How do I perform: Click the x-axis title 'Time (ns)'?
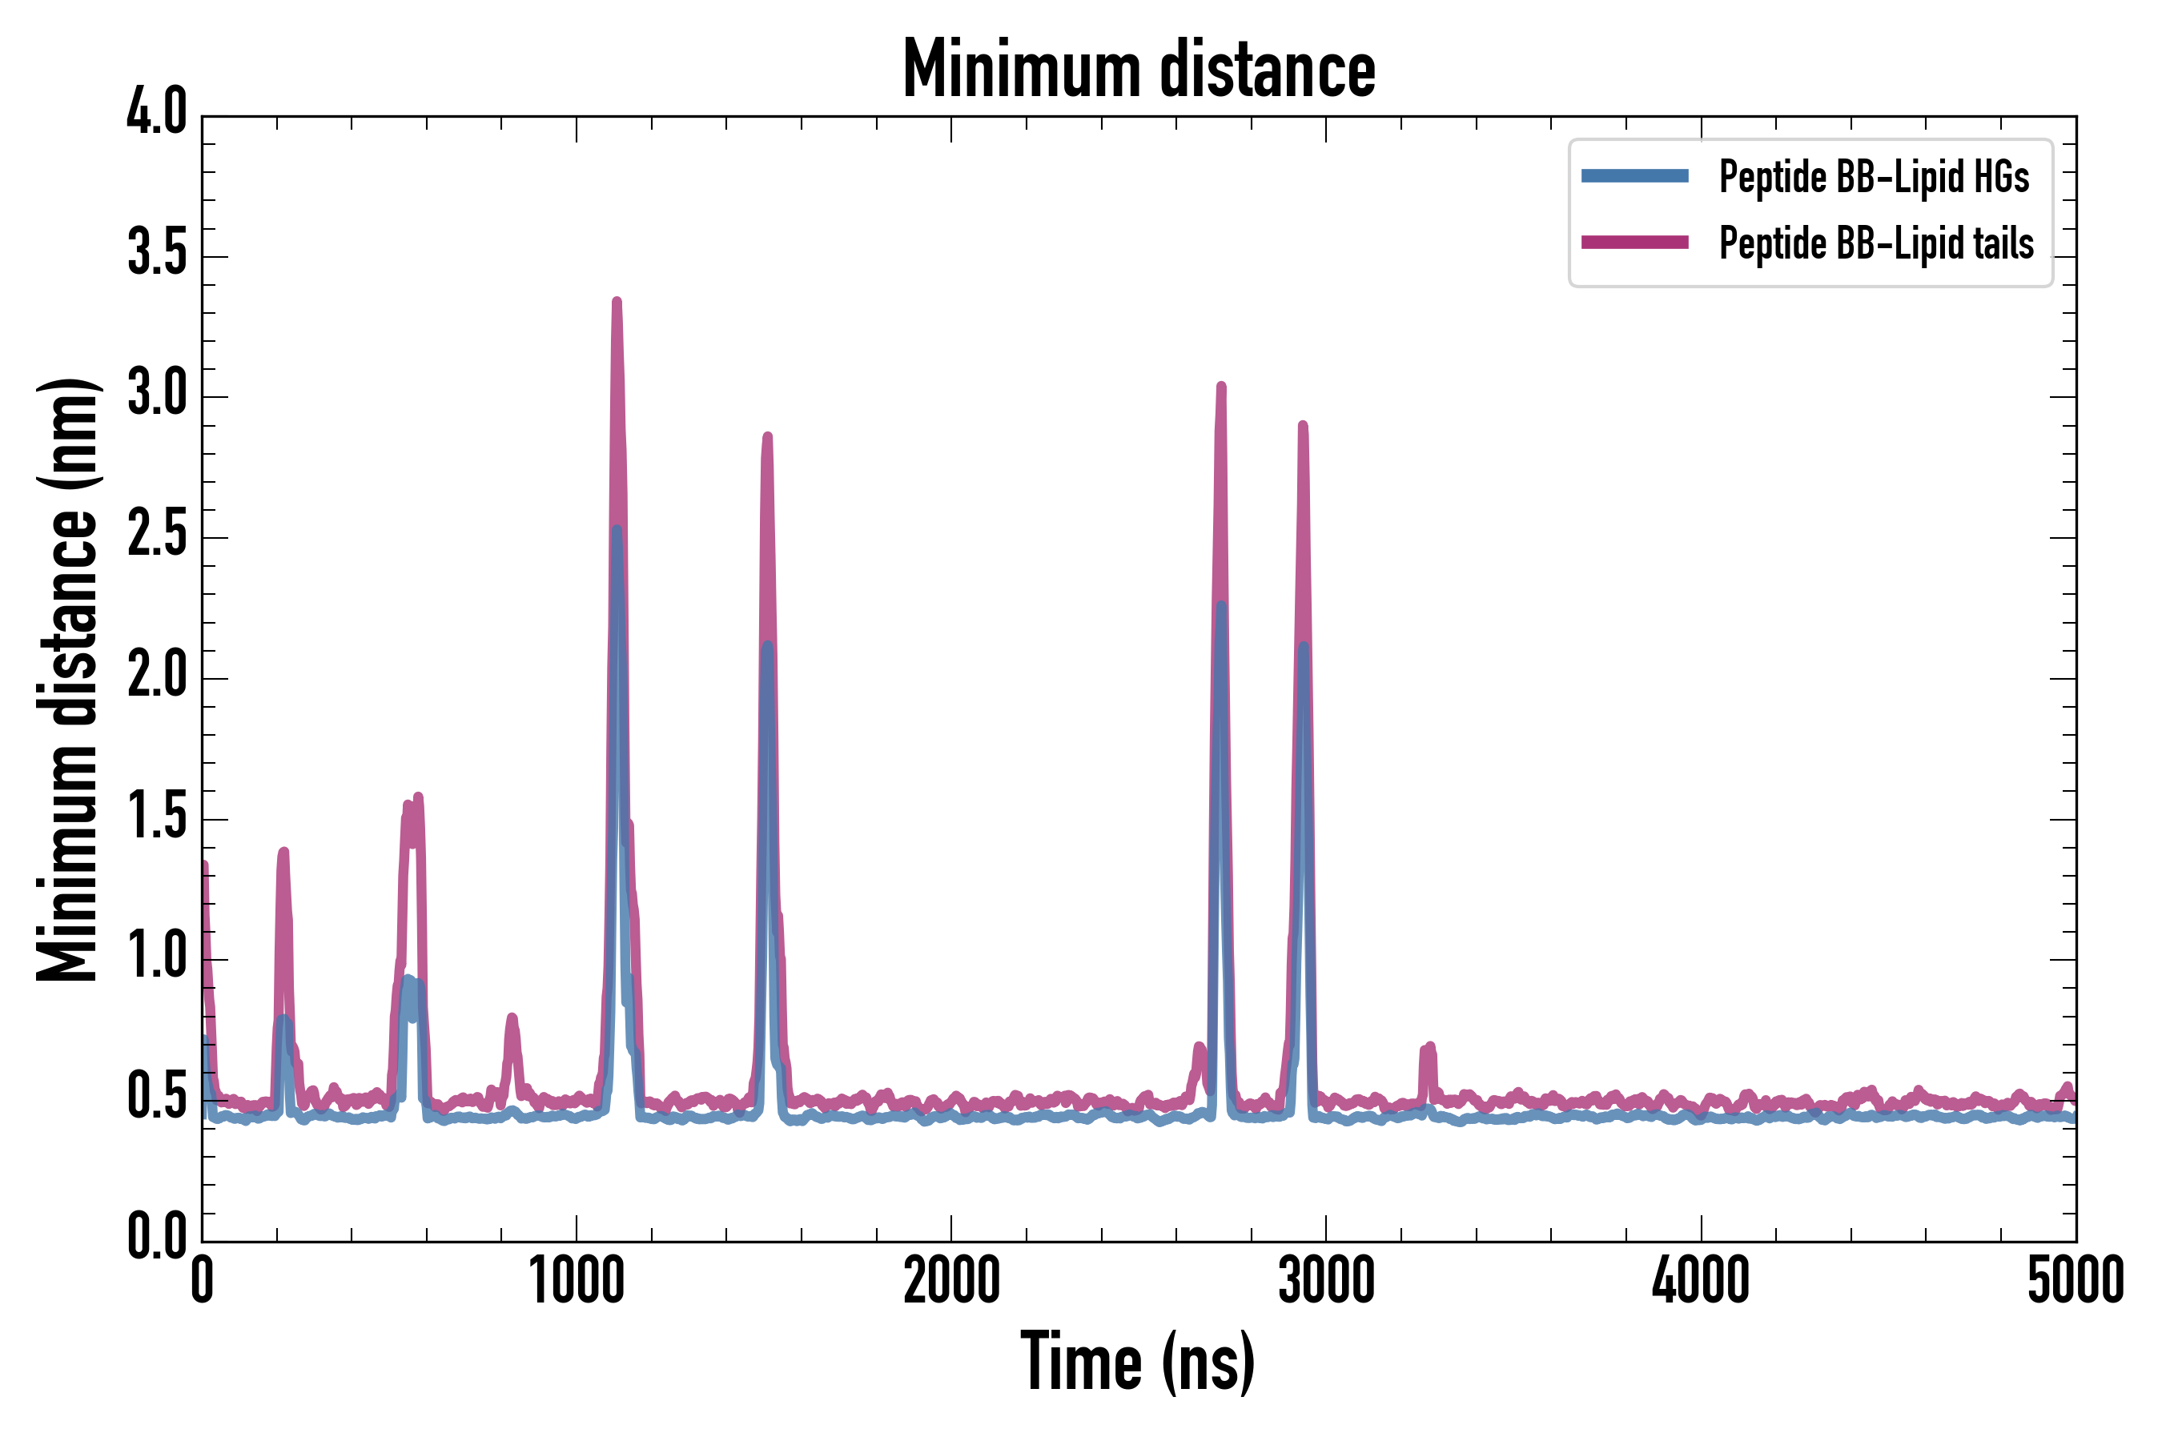point(1138,1361)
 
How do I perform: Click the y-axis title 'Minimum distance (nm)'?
point(67,679)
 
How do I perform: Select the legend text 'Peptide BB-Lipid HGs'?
point(1874,176)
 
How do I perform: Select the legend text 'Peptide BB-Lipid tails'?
point(1876,243)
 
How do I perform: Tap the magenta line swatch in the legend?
point(1634,243)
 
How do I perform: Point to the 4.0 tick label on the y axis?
point(156,114)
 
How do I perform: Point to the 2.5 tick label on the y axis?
point(156,536)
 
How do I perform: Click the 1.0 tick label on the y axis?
point(156,957)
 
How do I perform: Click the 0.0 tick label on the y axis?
point(156,1238)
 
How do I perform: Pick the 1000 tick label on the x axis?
point(577,1281)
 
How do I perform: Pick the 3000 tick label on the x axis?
point(1325,1281)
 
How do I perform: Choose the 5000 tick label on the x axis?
point(2075,1281)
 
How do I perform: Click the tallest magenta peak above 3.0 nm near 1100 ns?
point(617,303)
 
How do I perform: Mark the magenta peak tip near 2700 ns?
point(1220,387)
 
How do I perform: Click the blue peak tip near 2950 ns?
point(1304,646)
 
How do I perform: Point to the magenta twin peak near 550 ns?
point(412,804)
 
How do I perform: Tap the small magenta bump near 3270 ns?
point(1429,1048)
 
